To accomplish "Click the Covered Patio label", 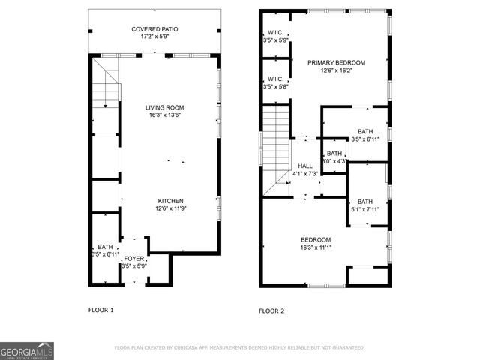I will pyautogui.click(x=155, y=29).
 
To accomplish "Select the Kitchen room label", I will pyautogui.click(x=171, y=200).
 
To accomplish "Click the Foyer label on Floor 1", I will pyautogui.click(x=134, y=258).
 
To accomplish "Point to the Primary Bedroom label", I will pyautogui.click(x=336, y=63).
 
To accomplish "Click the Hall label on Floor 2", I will pyautogui.click(x=305, y=166).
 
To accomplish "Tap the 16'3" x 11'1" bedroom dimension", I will pyautogui.click(x=316, y=247).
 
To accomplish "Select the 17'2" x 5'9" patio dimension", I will pyautogui.click(x=155, y=36).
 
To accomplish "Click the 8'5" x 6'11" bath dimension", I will pyautogui.click(x=365, y=139).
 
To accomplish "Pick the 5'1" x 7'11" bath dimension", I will pyautogui.click(x=365, y=209).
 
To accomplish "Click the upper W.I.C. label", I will pyautogui.click(x=274, y=33).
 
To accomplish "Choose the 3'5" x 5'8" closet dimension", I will pyautogui.click(x=274, y=87).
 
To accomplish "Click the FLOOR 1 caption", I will pyautogui.click(x=101, y=310).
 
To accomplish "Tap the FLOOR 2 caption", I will pyautogui.click(x=272, y=310).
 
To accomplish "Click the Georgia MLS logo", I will pyautogui.click(x=27, y=351).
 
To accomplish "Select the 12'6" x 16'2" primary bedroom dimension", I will pyautogui.click(x=336, y=73).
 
